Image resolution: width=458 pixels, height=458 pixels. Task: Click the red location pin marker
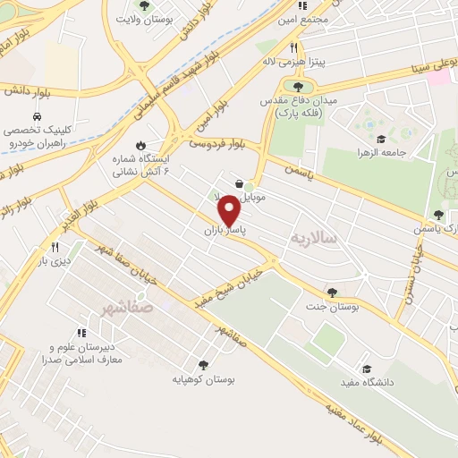pyautogui.click(x=229, y=209)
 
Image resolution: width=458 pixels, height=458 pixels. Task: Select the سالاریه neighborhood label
pyautogui.click(x=313, y=238)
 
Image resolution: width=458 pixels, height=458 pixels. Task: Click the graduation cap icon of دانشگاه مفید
pyautogui.click(x=366, y=369)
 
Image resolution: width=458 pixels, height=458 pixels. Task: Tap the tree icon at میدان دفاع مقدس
pyautogui.click(x=298, y=87)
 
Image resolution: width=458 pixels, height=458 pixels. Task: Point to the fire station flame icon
pyautogui.click(x=140, y=145)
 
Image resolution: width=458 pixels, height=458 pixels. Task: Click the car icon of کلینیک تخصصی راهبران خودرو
pyautogui.click(x=36, y=117)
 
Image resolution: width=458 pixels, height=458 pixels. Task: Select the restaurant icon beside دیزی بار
pyautogui.click(x=55, y=247)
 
